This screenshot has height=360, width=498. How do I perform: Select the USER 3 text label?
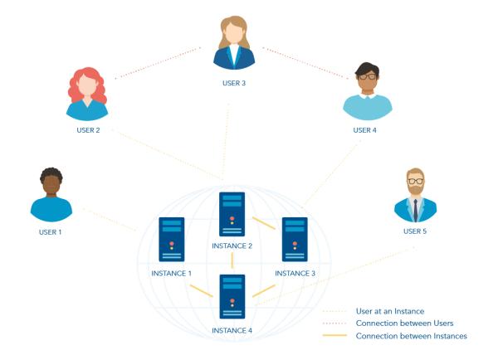point(234,84)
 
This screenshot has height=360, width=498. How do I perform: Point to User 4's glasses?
point(367,76)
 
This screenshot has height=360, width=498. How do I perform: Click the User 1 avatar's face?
point(51,184)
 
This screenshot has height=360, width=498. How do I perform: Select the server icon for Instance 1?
point(171,241)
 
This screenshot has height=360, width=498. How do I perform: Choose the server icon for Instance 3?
point(295,241)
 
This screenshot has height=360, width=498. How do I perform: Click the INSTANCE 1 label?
point(171,273)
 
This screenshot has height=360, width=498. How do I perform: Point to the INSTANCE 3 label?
point(295,273)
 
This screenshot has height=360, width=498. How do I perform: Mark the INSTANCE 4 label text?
point(232,330)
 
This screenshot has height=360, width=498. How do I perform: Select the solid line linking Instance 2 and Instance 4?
point(232,261)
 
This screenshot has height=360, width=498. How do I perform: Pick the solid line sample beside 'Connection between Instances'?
point(334,336)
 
